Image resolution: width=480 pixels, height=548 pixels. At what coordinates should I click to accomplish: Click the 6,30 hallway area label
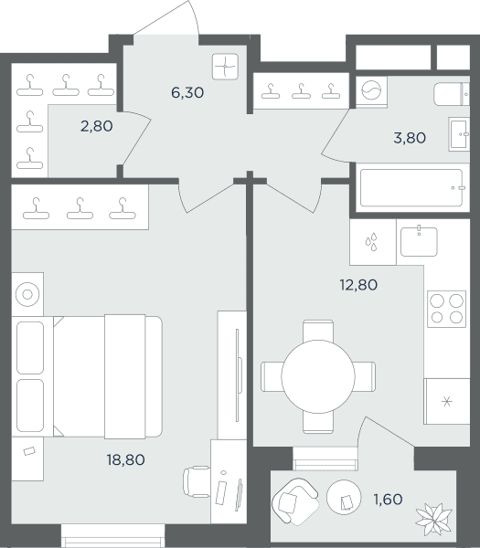click(x=187, y=92)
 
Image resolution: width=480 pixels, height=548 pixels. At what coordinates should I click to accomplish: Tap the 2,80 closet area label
click(x=97, y=126)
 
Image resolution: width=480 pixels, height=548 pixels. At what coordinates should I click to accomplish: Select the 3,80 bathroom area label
click(x=410, y=138)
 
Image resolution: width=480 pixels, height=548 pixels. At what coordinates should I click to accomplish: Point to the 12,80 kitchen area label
click(x=358, y=285)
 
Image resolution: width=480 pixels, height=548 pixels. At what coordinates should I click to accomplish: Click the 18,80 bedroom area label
click(x=126, y=460)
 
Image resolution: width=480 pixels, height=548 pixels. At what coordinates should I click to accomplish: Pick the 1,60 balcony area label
click(x=388, y=500)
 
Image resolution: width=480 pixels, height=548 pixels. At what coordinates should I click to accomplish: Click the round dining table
click(x=318, y=376)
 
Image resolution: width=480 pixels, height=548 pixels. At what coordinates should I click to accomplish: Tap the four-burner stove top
click(x=446, y=309)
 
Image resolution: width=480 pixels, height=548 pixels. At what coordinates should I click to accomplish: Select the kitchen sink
click(x=419, y=241)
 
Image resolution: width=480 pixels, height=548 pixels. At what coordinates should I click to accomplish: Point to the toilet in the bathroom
click(x=452, y=94)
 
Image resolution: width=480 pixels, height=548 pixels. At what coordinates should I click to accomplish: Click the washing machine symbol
click(x=371, y=90)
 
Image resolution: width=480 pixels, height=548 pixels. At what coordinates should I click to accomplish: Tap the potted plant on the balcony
click(x=433, y=520)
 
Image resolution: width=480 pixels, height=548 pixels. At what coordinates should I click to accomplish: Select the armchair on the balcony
click(x=295, y=501)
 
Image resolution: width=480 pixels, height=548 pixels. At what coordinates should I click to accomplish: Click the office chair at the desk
click(x=197, y=481)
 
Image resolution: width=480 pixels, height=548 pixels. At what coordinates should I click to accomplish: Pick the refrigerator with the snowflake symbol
click(x=446, y=401)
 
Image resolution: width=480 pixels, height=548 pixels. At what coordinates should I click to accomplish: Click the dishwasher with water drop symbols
click(x=373, y=242)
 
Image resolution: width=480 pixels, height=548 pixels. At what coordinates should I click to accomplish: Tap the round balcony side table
click(x=344, y=497)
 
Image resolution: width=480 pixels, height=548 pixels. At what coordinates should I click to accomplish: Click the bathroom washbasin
click(x=459, y=134)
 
